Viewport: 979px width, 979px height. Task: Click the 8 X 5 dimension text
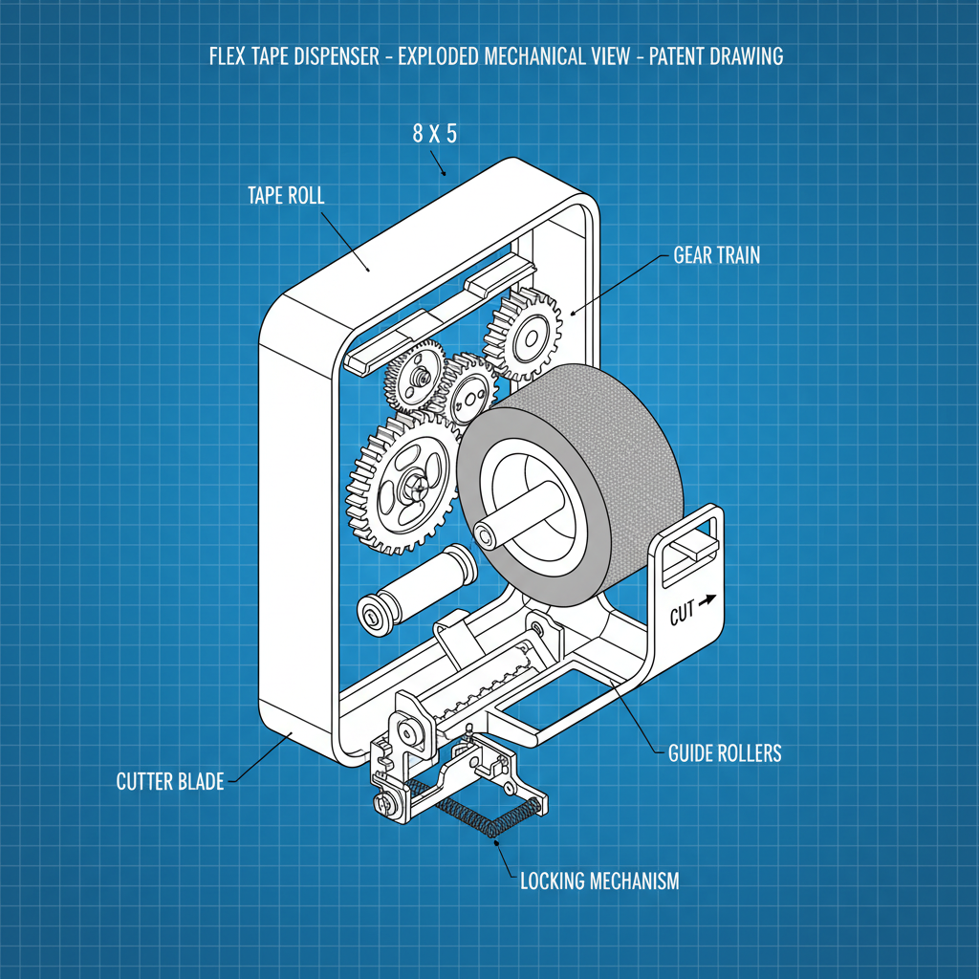[x=435, y=134]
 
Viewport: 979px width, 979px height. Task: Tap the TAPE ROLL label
[x=286, y=196]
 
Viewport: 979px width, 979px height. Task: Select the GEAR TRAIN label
[x=717, y=255]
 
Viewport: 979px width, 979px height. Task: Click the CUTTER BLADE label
[x=170, y=782]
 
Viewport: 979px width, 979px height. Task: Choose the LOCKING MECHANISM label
[x=599, y=881]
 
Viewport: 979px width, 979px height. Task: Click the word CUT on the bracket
[x=682, y=613]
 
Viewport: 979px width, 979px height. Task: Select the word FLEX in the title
[x=227, y=55]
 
